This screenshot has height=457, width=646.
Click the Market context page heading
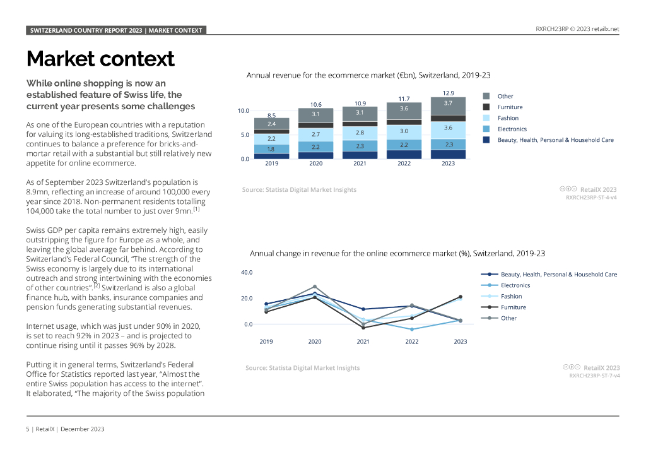pos(100,59)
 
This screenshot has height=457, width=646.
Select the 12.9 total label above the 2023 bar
pos(448,93)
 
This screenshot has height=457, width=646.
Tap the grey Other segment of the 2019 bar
pos(271,124)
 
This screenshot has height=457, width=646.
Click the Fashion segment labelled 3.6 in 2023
pos(448,128)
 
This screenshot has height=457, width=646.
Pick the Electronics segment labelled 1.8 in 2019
pos(271,149)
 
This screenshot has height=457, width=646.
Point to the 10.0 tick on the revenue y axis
pos(243,111)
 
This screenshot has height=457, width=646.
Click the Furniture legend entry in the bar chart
pos(510,107)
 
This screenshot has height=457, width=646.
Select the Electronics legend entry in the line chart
pos(515,285)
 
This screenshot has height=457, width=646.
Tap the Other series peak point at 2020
pos(315,287)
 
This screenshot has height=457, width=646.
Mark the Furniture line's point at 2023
pos(461,297)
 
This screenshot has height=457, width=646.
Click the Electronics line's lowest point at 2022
pos(412,329)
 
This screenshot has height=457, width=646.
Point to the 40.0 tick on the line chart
pos(247,273)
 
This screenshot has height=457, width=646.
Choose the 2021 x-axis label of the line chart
pos(363,341)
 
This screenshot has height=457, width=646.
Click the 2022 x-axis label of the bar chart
pos(404,163)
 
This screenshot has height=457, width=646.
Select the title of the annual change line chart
pos(397,253)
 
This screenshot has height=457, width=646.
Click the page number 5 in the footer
pos(28,429)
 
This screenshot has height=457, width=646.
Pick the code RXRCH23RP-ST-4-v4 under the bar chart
pos(591,197)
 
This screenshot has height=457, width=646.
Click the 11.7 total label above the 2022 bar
pos(404,98)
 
